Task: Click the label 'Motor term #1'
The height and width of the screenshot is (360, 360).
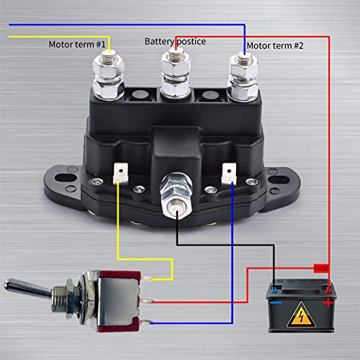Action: tap(77, 44)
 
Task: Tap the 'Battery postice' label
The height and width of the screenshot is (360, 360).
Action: tap(175, 42)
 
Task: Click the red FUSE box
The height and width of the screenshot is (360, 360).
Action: tap(323, 268)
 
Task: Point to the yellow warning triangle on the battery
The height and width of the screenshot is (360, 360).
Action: tap(302, 315)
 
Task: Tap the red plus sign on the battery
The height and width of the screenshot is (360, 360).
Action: tap(329, 303)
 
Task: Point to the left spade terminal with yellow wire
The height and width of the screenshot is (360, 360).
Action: tap(121, 172)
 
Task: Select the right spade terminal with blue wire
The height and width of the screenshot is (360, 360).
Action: tap(228, 172)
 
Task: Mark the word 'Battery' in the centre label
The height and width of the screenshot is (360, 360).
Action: tap(160, 42)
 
